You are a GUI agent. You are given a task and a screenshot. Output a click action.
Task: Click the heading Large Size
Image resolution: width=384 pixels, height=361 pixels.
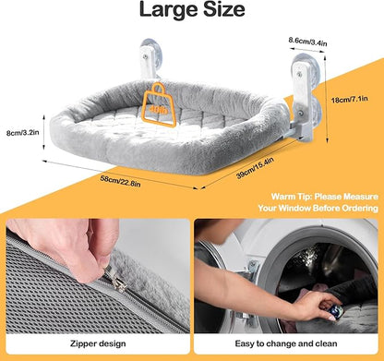192,10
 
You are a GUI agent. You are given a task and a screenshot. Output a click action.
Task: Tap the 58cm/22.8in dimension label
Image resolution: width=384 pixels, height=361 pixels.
121,181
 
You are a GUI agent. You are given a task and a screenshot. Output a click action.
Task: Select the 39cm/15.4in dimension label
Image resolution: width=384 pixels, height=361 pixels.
255,168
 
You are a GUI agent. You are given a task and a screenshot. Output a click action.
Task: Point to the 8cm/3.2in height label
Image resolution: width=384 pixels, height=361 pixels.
23,133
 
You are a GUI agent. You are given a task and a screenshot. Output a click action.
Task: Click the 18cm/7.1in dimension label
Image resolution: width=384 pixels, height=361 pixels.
349,100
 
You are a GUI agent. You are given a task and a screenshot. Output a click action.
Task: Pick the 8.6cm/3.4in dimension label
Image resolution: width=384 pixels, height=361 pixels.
307,42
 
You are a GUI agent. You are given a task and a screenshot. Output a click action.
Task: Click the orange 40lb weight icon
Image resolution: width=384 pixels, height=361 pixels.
159,104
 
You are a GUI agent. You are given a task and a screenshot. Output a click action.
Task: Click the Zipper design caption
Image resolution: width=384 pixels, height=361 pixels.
98,343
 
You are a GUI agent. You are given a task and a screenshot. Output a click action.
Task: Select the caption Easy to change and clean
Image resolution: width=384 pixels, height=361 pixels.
286,343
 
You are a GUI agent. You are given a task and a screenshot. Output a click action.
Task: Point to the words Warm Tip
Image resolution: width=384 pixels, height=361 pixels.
291,197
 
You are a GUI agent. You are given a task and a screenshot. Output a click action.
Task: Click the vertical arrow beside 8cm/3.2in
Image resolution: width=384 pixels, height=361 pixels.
43,133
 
